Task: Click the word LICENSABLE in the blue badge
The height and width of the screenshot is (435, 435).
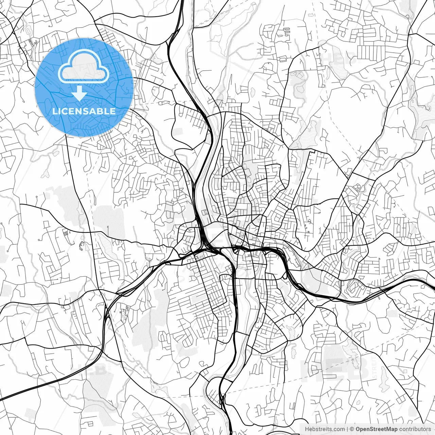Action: click(x=84, y=111)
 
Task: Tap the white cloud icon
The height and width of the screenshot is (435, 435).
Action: click(x=84, y=67)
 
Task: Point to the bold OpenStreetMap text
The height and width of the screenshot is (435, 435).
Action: click(x=377, y=429)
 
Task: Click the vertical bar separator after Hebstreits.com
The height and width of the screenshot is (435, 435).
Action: click(x=347, y=429)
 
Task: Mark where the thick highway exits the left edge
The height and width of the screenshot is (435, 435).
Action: click(x=1, y=398)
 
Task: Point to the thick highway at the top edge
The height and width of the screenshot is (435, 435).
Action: click(x=182, y=1)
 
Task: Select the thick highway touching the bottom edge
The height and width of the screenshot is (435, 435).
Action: click(x=230, y=434)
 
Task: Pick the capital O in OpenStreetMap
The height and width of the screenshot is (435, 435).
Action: click(x=358, y=429)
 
